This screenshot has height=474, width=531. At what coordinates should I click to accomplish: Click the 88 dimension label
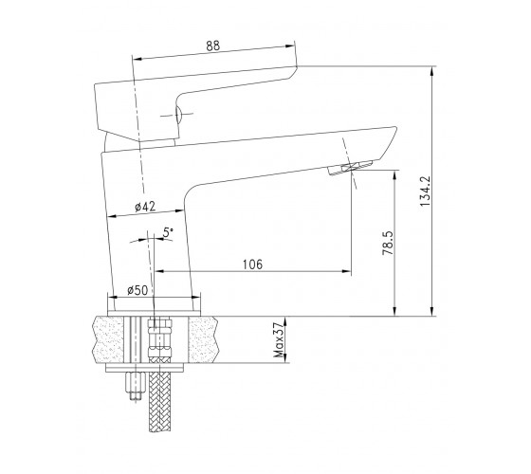tap(213, 46)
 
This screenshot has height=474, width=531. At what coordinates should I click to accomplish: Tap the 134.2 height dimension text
tap(425, 191)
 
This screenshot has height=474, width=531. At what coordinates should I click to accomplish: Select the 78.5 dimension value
tap(388, 243)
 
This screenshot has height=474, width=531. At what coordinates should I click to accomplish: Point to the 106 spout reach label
tap(252, 264)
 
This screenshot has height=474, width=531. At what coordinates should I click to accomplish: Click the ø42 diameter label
tap(145, 207)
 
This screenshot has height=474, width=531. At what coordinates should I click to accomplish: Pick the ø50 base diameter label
tap(137, 290)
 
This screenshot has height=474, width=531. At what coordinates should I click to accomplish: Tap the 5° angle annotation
tap(168, 232)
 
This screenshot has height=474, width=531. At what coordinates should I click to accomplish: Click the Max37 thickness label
tap(279, 340)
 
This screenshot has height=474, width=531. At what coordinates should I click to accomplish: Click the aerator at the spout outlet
tap(350, 167)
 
